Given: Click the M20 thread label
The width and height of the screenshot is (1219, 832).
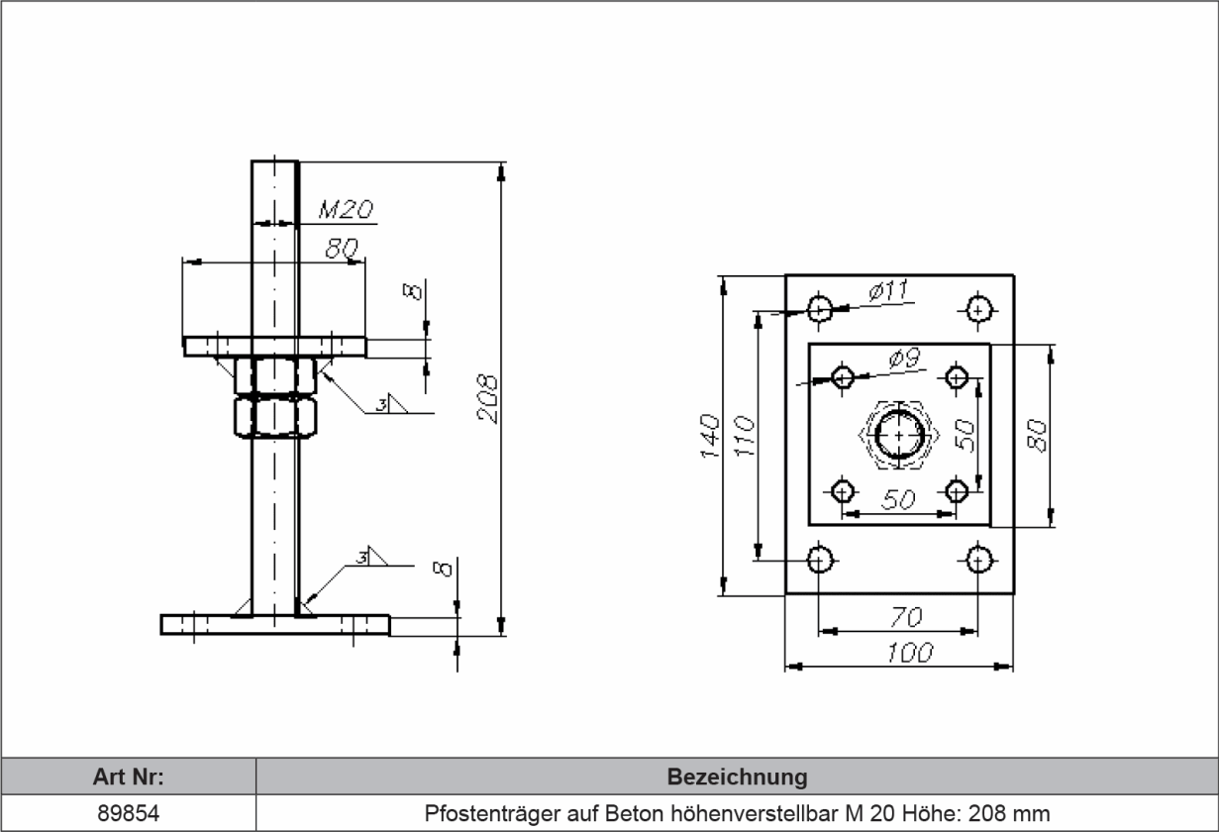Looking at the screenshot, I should point(345,209).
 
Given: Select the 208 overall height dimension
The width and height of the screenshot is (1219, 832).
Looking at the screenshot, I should point(487,398).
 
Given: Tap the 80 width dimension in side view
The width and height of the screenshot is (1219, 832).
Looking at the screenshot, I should point(341,250).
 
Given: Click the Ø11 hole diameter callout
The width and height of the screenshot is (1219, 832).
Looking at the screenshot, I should point(888,291).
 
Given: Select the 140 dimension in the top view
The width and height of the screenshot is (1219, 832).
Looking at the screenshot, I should point(709,436).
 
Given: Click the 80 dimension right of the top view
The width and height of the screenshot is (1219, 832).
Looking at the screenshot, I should point(1037,436).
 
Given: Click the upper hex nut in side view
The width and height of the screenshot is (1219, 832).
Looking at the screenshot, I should point(275,375).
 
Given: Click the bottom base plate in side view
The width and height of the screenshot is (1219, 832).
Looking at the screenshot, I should point(274,625).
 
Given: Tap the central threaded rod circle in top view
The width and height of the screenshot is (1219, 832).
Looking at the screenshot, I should point(899,435).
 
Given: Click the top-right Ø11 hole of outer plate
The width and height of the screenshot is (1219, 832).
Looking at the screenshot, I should point(978,309).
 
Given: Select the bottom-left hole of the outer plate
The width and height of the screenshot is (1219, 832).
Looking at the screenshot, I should point(819,560).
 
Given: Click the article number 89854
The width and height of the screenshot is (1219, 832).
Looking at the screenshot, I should point(128,813).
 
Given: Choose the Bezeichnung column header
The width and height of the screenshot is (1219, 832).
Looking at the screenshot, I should point(737,776).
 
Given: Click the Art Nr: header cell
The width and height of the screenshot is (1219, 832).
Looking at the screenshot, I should point(128,776).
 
